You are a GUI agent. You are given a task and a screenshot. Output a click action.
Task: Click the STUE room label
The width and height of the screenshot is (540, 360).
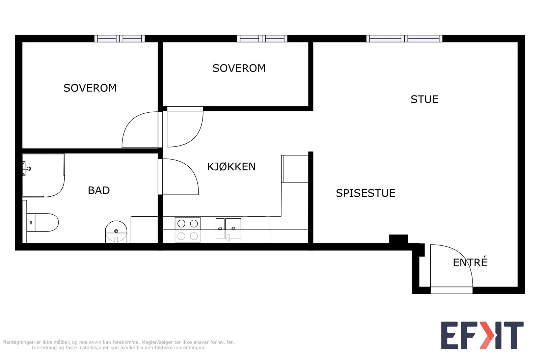coord(424,100)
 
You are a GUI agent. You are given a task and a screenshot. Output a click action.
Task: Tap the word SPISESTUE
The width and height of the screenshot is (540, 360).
coord(366,193)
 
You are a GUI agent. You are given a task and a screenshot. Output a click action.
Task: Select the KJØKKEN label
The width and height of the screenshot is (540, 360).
coord(232,167)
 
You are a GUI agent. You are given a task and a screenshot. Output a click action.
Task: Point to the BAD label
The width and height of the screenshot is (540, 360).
coord(99,191)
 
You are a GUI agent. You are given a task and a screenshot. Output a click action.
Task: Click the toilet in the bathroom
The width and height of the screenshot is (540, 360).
coord(43,222)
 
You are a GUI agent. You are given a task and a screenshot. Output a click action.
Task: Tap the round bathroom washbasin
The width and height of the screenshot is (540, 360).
coord(116,232)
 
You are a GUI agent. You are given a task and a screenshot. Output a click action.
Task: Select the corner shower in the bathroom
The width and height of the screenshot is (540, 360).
coord(44,175)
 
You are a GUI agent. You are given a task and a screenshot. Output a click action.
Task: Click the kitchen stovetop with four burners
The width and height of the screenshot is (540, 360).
coord(188,230)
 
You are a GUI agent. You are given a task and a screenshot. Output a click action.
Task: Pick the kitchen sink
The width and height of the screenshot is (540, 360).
coord(228,229)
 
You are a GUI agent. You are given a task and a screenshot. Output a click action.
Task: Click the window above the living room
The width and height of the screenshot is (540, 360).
coord(404,38)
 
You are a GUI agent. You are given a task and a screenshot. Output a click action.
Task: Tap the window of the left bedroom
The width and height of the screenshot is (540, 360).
coord(119,38)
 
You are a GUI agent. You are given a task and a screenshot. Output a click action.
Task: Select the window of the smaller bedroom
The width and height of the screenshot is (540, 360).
coord(262,38)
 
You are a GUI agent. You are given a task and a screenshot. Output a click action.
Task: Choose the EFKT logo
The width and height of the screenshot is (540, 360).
coord(482,335)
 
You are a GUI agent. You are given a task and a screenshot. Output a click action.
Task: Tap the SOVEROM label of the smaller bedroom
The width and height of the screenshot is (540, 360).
coord(239,68)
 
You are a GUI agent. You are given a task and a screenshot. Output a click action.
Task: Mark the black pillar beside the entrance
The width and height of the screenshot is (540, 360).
coord(399,239)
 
